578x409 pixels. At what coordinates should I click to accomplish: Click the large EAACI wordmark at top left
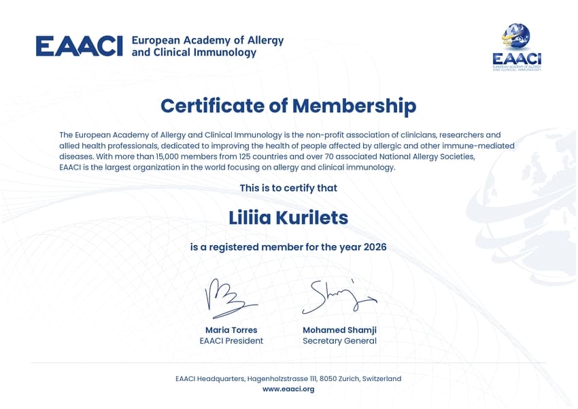(79, 46)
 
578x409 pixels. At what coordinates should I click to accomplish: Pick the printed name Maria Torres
(231, 330)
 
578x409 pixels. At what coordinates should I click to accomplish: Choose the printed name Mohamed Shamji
(339, 330)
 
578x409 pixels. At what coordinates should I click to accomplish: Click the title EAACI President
(231, 341)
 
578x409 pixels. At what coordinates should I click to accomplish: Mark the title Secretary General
(339, 341)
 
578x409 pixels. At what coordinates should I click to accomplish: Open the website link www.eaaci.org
(288, 389)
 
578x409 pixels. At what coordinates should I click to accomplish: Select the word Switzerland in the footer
(381, 378)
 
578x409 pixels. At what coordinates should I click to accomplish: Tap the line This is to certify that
(288, 188)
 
